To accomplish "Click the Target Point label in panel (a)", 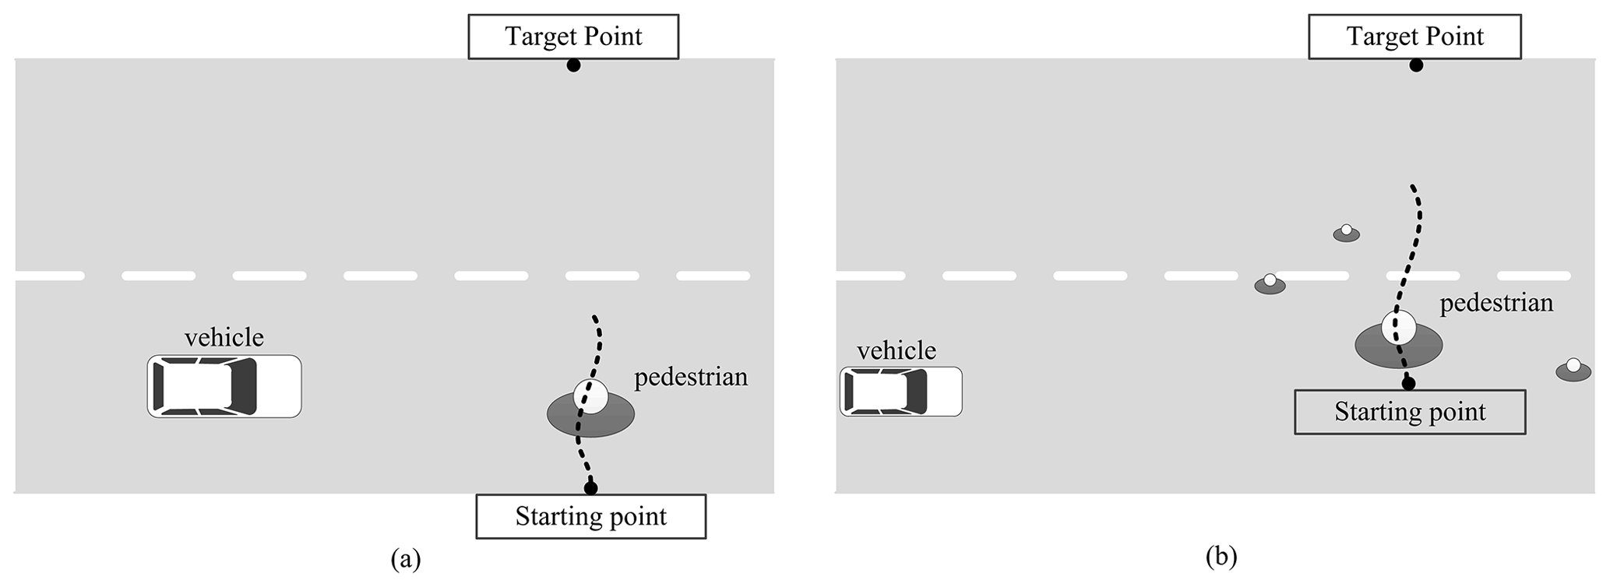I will point(573,37).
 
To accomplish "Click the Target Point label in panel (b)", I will point(1414,37).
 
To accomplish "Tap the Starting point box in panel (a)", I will point(590,517).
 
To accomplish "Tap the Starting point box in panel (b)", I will point(1410,412).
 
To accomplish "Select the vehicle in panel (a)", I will point(224,387).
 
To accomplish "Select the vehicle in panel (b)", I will point(900,391).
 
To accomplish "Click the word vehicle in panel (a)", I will point(224,337).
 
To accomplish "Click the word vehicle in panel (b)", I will point(897,350).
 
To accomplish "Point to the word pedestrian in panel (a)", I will point(691,377).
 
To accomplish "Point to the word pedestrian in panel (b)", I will point(1496,302).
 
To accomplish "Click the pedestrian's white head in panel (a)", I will point(590,396).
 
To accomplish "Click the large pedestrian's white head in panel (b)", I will point(1399,327).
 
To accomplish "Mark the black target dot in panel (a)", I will point(573,66).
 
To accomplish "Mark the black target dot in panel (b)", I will point(1416,66).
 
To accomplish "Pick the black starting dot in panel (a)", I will point(590,488).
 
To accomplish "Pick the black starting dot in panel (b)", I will point(1408,383).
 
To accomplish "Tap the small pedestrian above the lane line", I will point(1346,233).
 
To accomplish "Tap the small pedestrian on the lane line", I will point(1270,284).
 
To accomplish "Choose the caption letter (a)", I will point(406,559).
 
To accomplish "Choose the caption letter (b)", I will point(1221,556).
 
